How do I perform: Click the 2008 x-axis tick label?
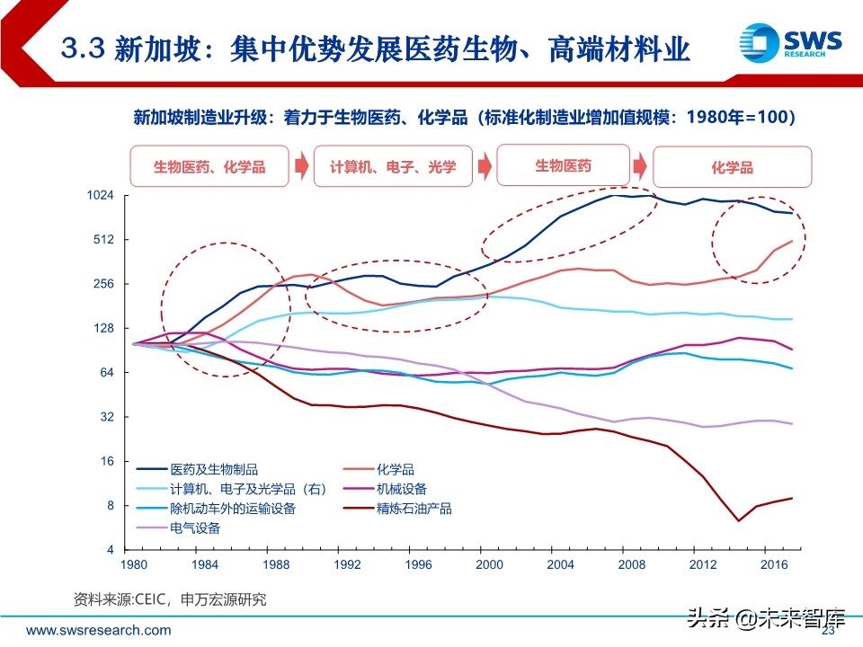[x=633, y=564]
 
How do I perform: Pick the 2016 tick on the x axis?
[x=775, y=564]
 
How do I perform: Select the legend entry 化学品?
[x=396, y=469]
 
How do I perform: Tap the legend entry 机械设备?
[x=402, y=489]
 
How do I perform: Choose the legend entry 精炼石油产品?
[x=414, y=509]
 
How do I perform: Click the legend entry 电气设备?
[x=195, y=528]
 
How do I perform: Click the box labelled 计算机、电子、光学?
[x=393, y=167]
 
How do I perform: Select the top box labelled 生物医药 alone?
[x=563, y=165]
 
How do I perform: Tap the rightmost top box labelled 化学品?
[x=732, y=168]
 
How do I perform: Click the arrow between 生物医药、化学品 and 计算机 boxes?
[x=302, y=167]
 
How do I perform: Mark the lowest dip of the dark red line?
[x=738, y=520]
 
